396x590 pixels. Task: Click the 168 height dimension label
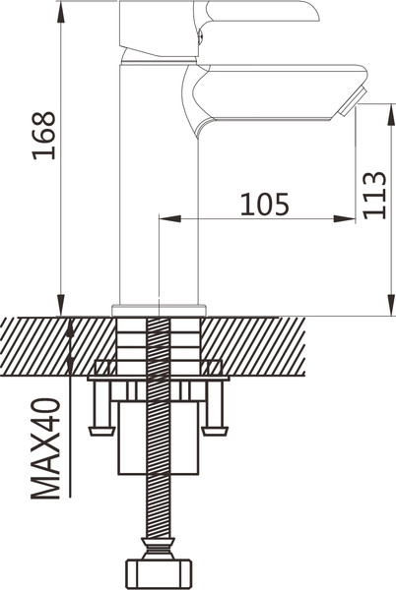(44, 136)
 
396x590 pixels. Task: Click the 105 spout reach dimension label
(265, 205)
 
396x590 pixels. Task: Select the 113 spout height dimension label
(374, 195)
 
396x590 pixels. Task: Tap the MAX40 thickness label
(45, 448)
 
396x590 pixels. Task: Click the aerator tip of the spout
(352, 101)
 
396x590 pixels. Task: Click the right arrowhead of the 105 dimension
(344, 218)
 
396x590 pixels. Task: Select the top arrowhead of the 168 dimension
(60, 12)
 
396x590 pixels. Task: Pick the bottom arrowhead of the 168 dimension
(60, 305)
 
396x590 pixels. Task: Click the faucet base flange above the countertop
(160, 310)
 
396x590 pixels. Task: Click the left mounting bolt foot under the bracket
(101, 431)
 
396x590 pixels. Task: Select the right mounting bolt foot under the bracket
(215, 431)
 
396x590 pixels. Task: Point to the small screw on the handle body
(201, 36)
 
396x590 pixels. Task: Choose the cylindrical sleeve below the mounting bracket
(159, 438)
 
